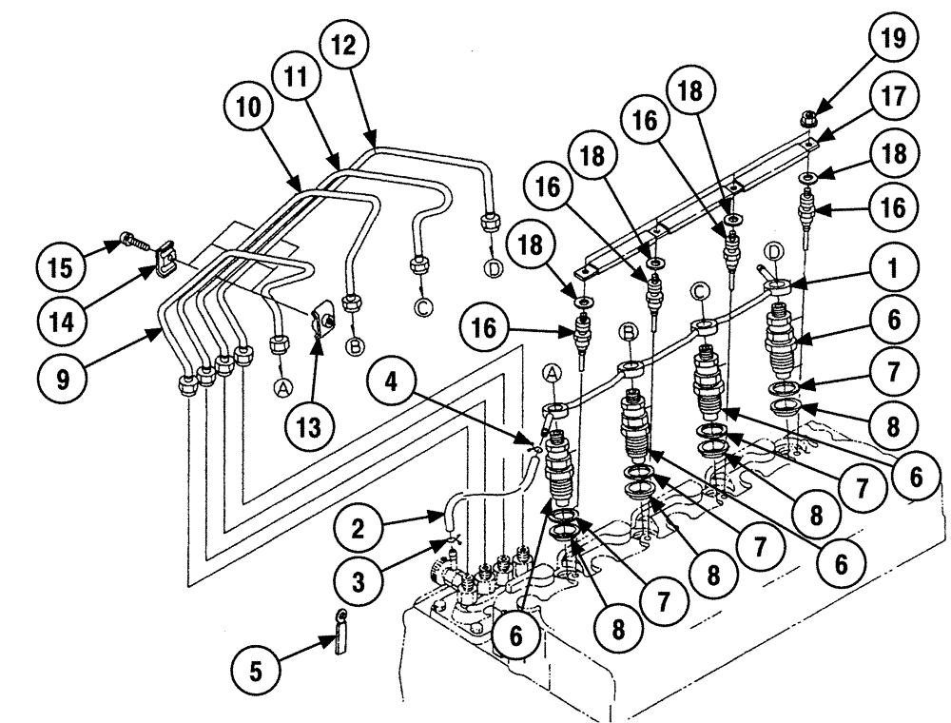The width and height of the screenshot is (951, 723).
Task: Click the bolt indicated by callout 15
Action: [x=134, y=244]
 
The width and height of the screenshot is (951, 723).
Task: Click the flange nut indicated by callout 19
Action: [x=806, y=120]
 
